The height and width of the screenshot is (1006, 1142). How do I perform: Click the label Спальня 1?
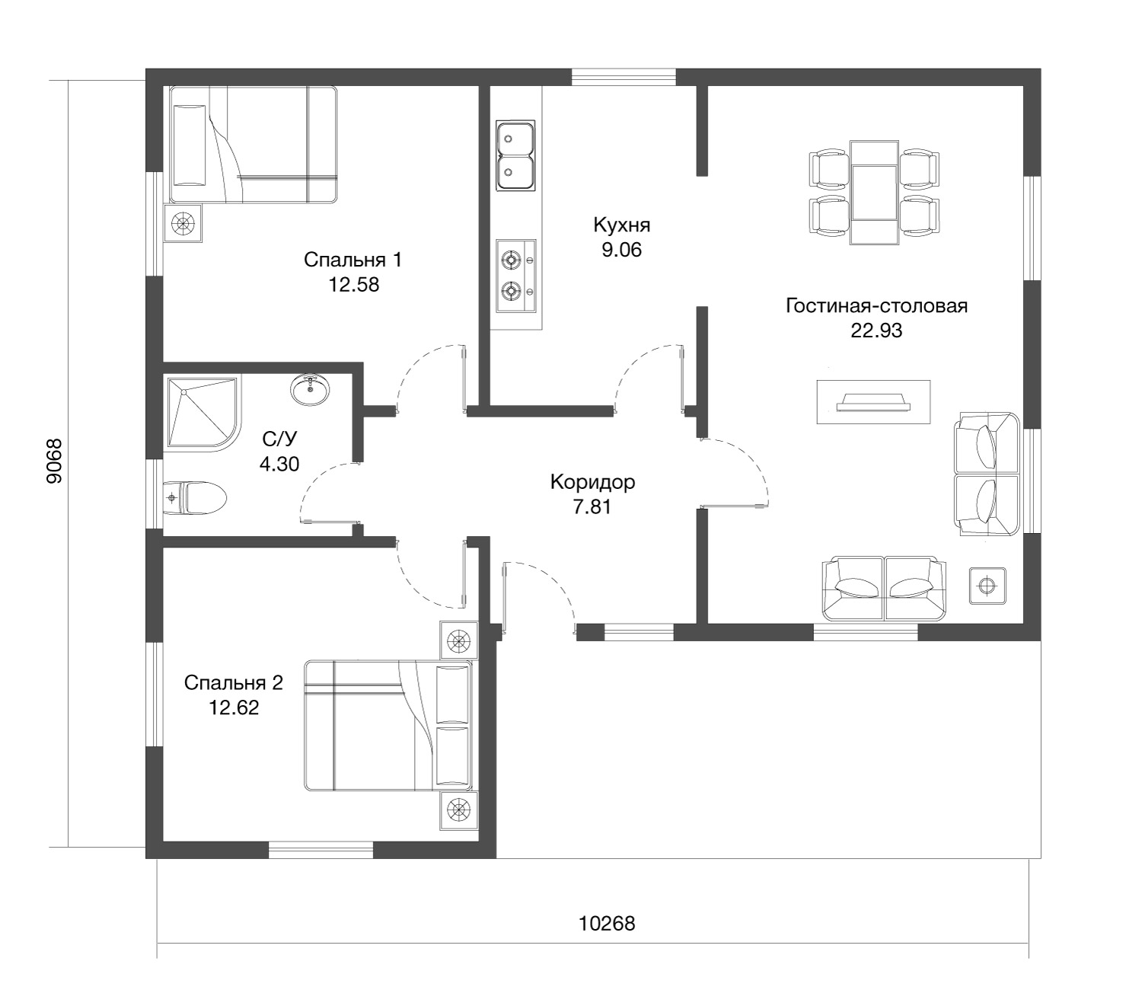tap(352, 260)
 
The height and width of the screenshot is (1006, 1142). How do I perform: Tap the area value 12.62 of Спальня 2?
tap(234, 707)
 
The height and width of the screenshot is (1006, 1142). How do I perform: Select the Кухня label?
tap(621, 225)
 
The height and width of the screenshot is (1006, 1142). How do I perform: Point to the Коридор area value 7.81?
tap(592, 506)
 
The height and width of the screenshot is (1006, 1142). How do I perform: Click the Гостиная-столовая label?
tap(876, 305)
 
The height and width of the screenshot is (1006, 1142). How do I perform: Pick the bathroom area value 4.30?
tap(279, 464)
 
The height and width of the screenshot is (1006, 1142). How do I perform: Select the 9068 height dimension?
tap(55, 461)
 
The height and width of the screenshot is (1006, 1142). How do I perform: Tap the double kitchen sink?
tap(515, 155)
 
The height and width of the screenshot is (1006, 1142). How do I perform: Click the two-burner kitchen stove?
tap(515, 276)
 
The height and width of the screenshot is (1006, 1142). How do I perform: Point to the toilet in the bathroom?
tap(194, 497)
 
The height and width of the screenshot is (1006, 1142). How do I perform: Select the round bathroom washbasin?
tap(310, 388)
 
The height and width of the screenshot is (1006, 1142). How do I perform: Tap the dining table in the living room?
tap(874, 193)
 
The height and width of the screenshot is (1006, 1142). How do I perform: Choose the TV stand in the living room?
tap(873, 401)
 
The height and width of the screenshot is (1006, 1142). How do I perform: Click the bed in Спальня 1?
tap(253, 145)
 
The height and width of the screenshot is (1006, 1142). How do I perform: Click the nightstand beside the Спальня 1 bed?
tap(183, 223)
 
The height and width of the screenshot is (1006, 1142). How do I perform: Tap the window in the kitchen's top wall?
tap(624, 77)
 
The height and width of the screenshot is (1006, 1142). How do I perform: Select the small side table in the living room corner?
tap(987, 586)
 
